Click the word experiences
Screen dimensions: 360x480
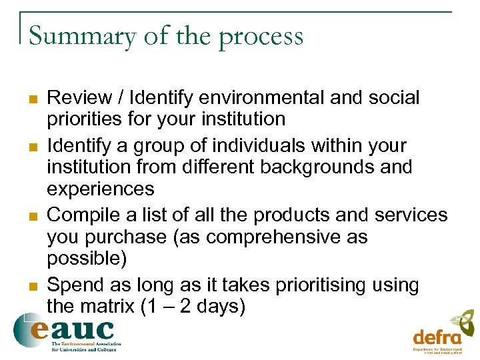click(101, 189)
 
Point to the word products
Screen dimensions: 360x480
click(283, 215)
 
